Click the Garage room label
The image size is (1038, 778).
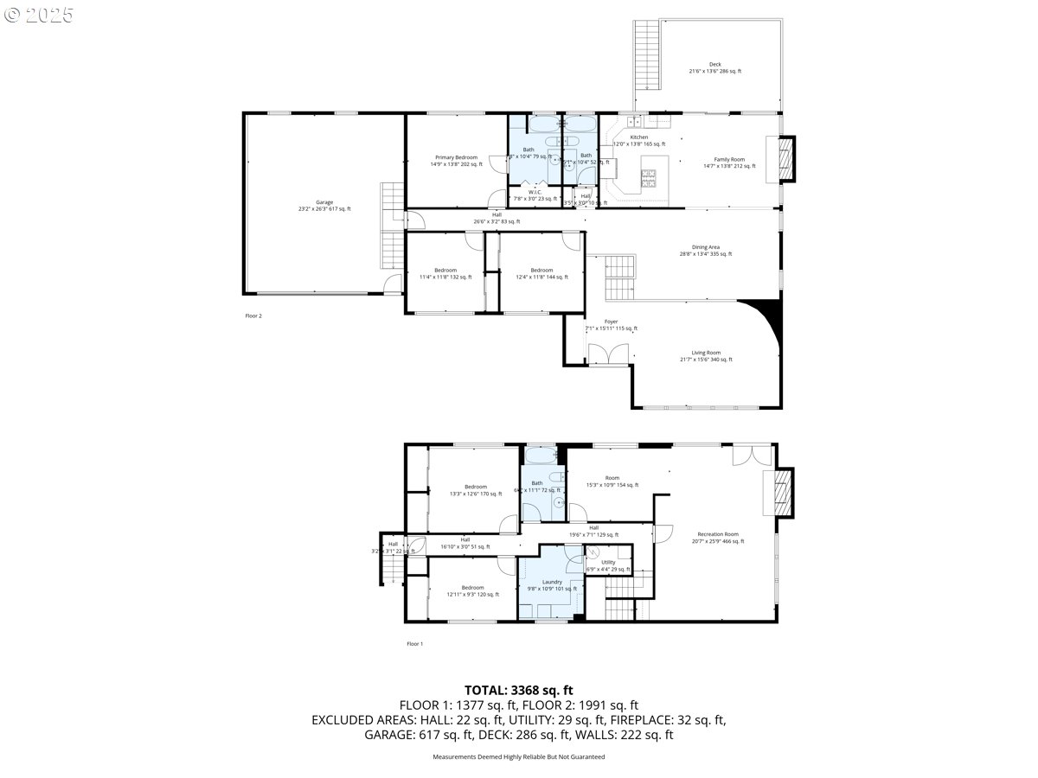click(x=324, y=202)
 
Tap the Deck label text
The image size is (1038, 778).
click(x=714, y=65)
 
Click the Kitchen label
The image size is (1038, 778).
click(x=638, y=137)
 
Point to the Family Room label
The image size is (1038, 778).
click(x=728, y=160)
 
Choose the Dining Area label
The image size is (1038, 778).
click(x=705, y=247)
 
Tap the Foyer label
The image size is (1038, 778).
click(x=611, y=322)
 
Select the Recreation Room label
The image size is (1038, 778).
click(x=717, y=534)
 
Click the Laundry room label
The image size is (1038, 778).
click(x=552, y=583)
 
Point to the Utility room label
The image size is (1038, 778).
click(x=608, y=563)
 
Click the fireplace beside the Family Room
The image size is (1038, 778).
click(x=785, y=160)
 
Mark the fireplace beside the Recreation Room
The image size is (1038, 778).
click(x=783, y=493)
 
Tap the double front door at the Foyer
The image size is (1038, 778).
click(x=608, y=355)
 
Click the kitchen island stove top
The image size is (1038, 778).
click(x=649, y=179)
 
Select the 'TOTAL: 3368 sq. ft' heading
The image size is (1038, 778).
click(x=518, y=690)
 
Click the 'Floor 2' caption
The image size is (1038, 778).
click(x=253, y=316)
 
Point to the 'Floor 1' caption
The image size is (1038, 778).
click(x=415, y=644)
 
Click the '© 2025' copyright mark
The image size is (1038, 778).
click(x=40, y=15)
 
